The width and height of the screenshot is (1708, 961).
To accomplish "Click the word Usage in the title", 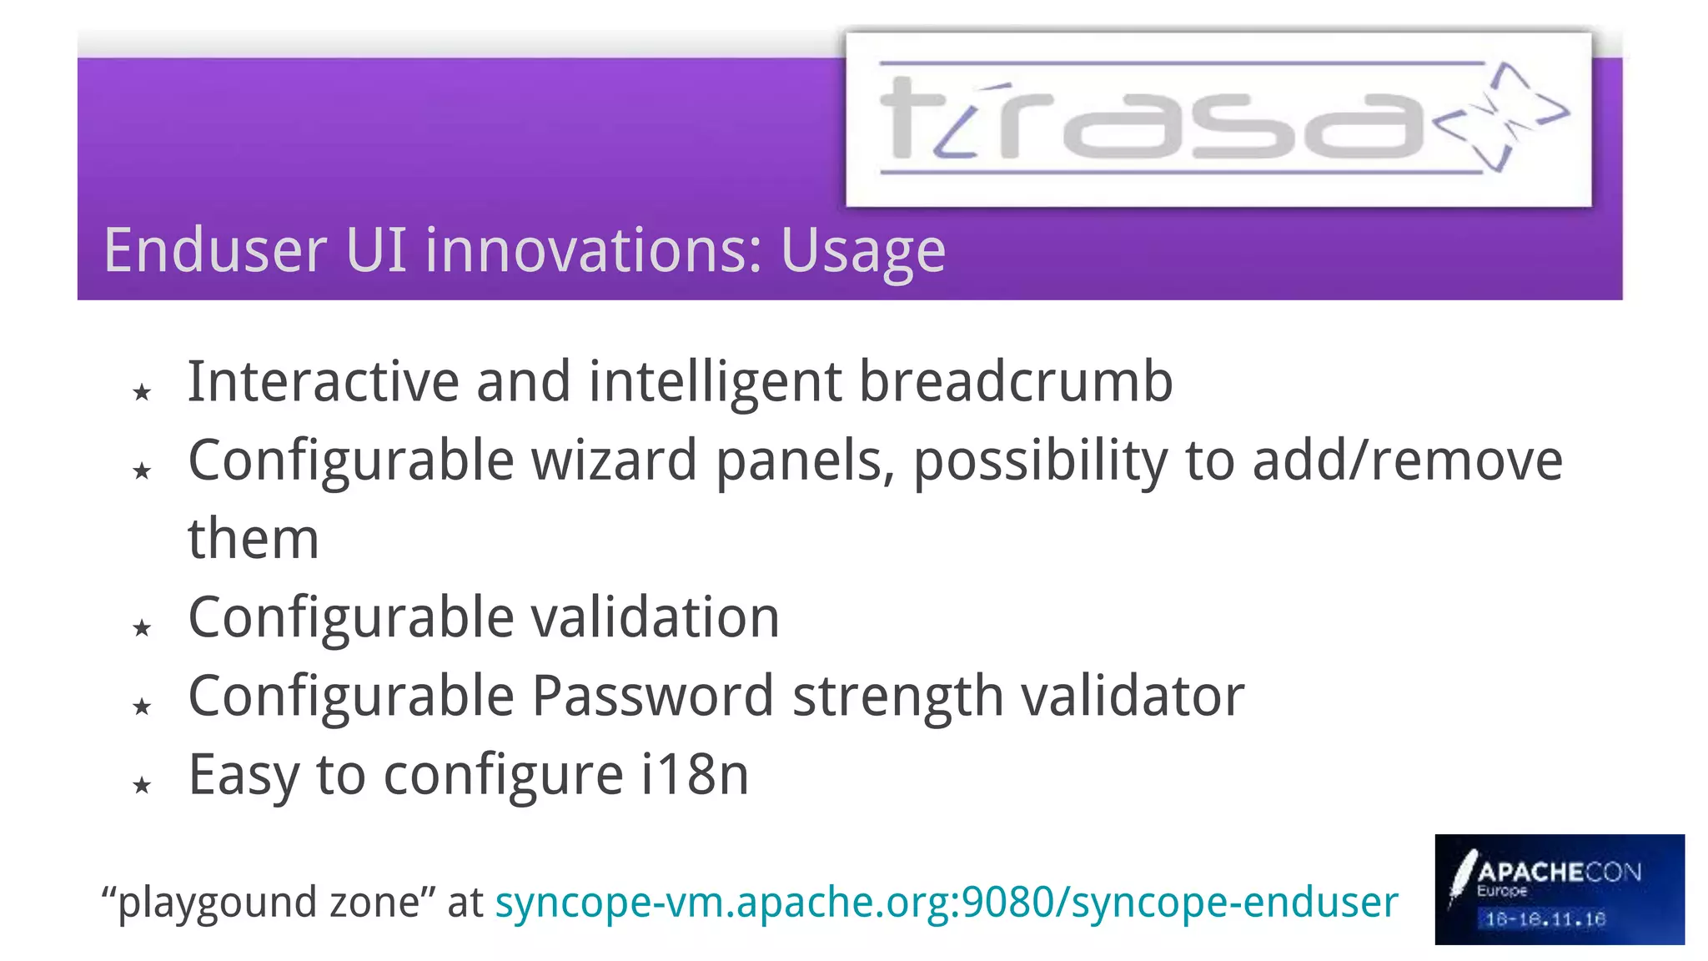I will [x=862, y=250].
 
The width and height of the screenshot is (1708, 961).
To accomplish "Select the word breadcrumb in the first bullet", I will [x=1015, y=382].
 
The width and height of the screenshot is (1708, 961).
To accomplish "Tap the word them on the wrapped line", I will [x=254, y=539].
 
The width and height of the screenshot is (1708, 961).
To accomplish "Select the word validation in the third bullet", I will [x=655, y=617].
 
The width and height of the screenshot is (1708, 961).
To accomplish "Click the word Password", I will [x=652, y=696].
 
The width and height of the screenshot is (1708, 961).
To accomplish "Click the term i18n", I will [x=695, y=774].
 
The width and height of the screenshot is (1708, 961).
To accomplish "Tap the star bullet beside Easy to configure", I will [x=142, y=785].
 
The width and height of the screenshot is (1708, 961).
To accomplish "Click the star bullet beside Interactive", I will [x=142, y=392].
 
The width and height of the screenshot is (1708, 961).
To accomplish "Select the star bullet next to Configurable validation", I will [x=142, y=628].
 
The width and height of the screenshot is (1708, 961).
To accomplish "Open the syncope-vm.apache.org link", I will [x=946, y=903].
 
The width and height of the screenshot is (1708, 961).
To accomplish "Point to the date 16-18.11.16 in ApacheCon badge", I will [x=1545, y=919].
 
